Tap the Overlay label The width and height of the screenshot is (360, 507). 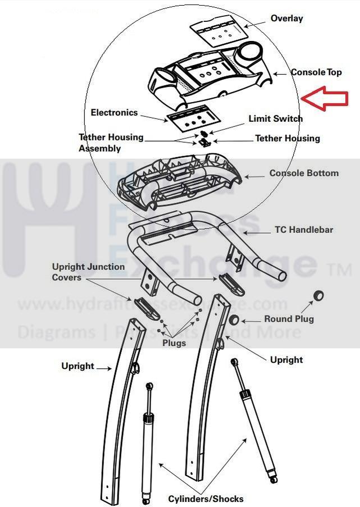(x=286, y=19)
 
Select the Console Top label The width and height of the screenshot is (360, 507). (x=316, y=72)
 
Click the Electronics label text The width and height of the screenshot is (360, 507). (x=114, y=113)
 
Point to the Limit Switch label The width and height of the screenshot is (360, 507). (x=275, y=119)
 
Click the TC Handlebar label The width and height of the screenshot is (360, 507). (x=303, y=230)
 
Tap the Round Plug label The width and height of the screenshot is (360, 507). (x=289, y=319)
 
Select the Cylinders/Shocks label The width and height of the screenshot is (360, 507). (x=206, y=499)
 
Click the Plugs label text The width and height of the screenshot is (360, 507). (x=174, y=343)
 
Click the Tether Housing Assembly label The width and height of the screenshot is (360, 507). (x=111, y=143)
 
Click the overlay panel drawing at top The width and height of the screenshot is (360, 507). (x=218, y=34)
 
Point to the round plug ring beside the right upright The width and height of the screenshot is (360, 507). (x=235, y=320)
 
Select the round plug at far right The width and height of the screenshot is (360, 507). (x=320, y=295)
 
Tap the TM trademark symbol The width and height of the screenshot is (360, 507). (x=339, y=271)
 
